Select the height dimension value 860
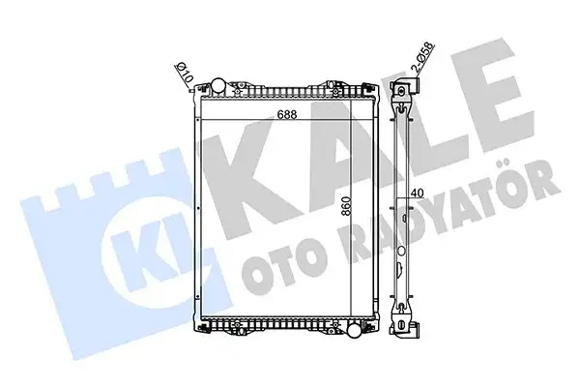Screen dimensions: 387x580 [331, 210]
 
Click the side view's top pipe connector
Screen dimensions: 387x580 [401, 91]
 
